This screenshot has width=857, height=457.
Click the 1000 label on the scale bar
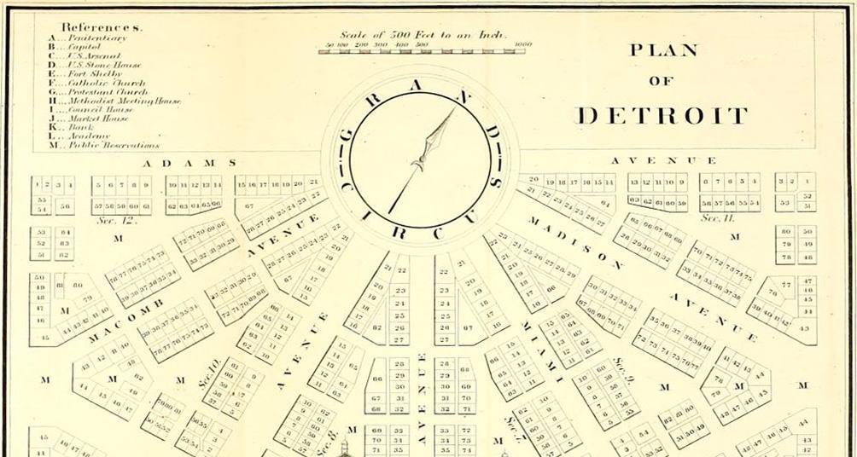[x=523, y=43]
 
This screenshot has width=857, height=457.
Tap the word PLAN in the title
[x=663, y=50]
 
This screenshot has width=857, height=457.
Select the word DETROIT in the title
[x=662, y=116]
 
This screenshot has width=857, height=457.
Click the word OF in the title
[x=662, y=82]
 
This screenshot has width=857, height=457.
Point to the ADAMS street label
[x=189, y=163]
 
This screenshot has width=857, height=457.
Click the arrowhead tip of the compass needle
[x=453, y=110]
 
